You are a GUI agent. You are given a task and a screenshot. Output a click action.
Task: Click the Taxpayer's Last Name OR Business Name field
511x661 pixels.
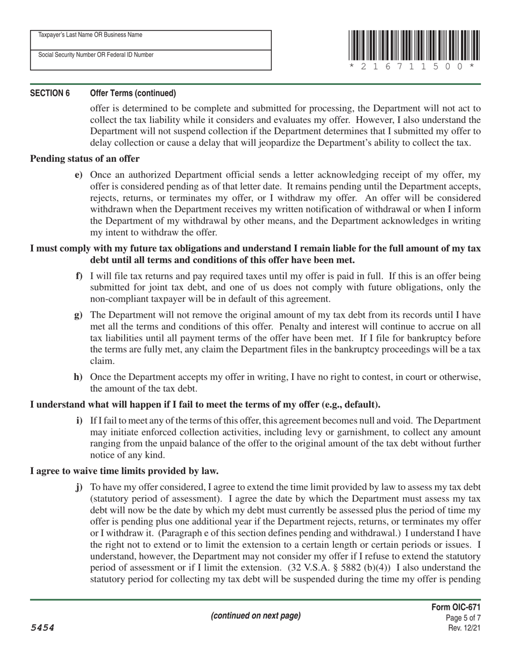tap(151, 40)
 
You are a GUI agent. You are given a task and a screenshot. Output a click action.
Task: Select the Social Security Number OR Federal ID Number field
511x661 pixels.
tap(151, 60)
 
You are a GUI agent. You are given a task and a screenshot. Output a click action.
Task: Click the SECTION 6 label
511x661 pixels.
tap(49, 93)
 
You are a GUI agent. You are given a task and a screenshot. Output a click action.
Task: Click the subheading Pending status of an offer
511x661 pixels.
tap(85, 159)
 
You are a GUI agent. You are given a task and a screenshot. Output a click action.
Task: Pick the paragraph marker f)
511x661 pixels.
tap(79, 276)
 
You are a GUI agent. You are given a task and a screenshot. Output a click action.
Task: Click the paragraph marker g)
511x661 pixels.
tap(79, 315)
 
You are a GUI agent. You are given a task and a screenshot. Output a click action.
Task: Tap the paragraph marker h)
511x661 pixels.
tap(78, 377)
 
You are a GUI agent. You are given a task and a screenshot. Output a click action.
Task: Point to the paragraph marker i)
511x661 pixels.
tap(79, 420)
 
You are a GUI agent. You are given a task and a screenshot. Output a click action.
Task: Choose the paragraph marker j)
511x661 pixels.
tap(79, 487)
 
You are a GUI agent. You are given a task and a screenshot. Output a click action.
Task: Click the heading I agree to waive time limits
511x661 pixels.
tap(124, 471)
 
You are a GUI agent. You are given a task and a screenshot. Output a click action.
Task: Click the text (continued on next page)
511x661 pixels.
tap(256, 616)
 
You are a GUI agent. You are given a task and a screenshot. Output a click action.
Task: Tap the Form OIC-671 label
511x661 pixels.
tap(456, 607)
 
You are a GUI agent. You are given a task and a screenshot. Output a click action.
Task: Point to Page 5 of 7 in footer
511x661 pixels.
tap(463, 618)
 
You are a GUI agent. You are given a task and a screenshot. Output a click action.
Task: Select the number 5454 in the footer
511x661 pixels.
tap(42, 628)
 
